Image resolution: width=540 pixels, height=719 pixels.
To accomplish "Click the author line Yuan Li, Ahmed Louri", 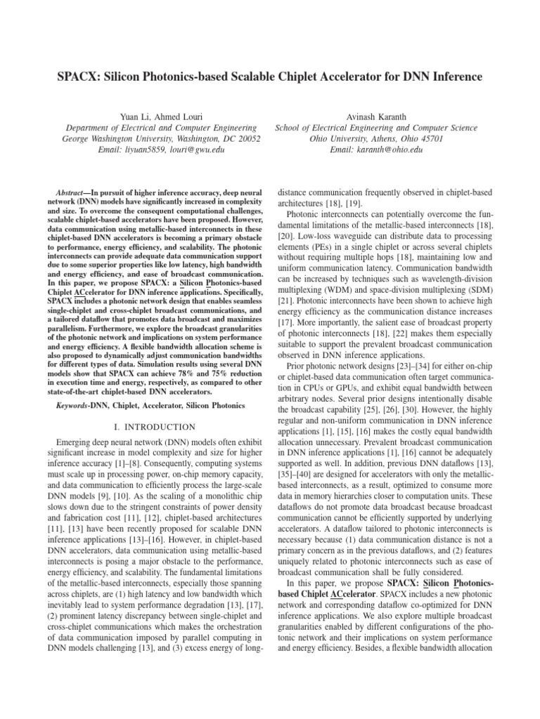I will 162,117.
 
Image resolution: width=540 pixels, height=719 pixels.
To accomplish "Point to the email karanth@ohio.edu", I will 394,150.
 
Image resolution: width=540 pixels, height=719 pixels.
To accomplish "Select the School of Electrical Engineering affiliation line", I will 376,128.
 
